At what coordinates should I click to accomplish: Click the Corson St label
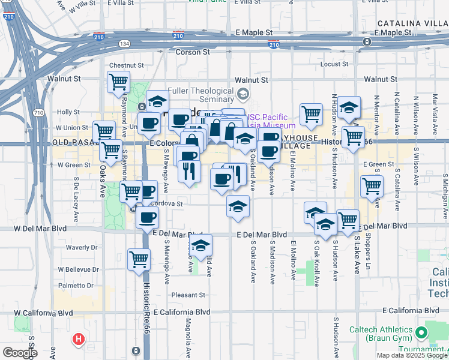(192, 53)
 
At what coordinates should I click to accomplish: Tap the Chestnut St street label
(126, 65)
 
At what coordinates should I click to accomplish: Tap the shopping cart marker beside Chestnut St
(118, 82)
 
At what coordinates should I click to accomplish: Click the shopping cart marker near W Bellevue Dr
(139, 259)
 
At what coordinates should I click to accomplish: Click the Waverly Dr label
(81, 247)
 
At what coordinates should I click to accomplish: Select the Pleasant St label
(188, 295)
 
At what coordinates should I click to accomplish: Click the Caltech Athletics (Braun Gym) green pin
(422, 331)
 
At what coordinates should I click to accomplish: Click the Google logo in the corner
(19, 353)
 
